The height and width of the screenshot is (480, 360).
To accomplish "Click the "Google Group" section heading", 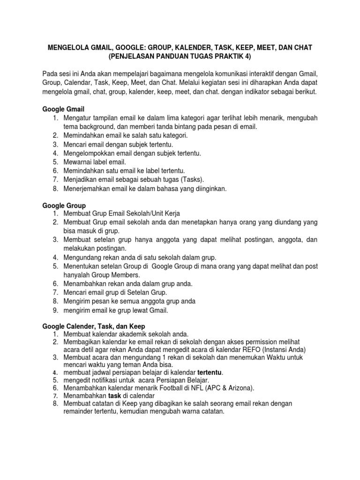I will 64,205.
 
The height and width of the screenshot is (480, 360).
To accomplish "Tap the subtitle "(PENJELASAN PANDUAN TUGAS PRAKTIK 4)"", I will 180,57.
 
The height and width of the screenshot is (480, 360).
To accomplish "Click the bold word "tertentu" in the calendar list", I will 210,372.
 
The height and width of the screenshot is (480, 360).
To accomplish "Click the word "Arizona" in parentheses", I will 238,388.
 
